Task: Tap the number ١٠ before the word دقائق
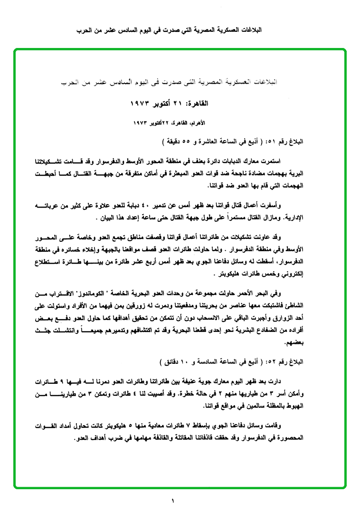[x=187, y=361]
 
